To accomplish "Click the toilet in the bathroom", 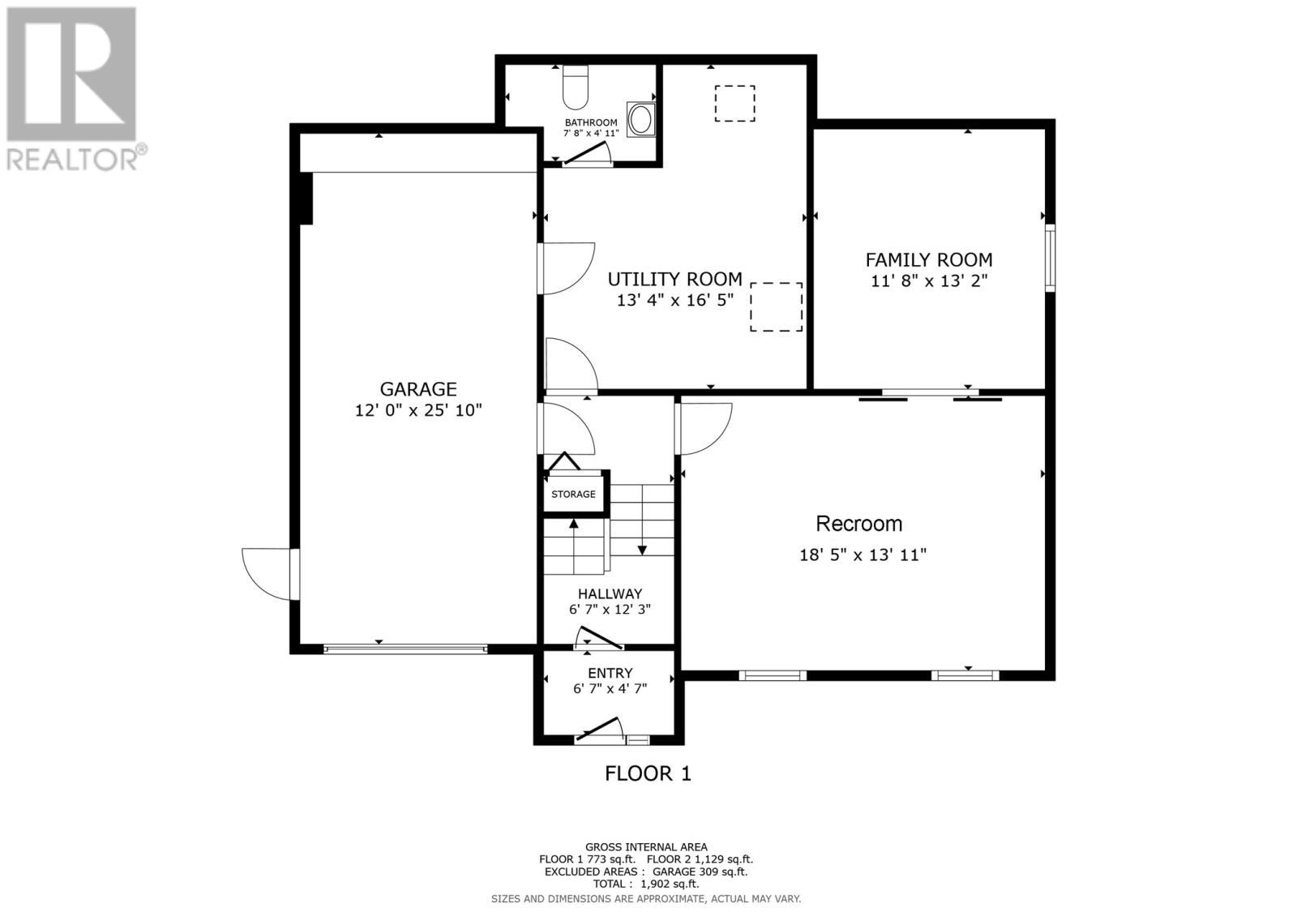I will click(575, 88).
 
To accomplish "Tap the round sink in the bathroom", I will click(640, 119).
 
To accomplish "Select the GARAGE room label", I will click(418, 389).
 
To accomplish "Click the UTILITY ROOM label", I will click(674, 280).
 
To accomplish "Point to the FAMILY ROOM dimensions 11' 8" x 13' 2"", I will click(929, 281).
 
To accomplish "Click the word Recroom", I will click(858, 524).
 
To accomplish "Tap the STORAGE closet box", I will click(573, 494).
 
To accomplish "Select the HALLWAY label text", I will click(610, 593).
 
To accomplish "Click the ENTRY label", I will click(610, 673).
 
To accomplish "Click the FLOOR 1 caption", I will click(648, 773).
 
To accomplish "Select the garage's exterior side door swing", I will click(268, 573).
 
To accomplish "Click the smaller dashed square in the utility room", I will click(734, 104).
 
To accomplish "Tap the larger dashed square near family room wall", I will click(776, 306).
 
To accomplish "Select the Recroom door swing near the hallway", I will click(704, 427).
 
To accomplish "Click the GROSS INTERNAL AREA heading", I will click(646, 847).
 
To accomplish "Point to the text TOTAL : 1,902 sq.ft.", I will click(646, 885).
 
